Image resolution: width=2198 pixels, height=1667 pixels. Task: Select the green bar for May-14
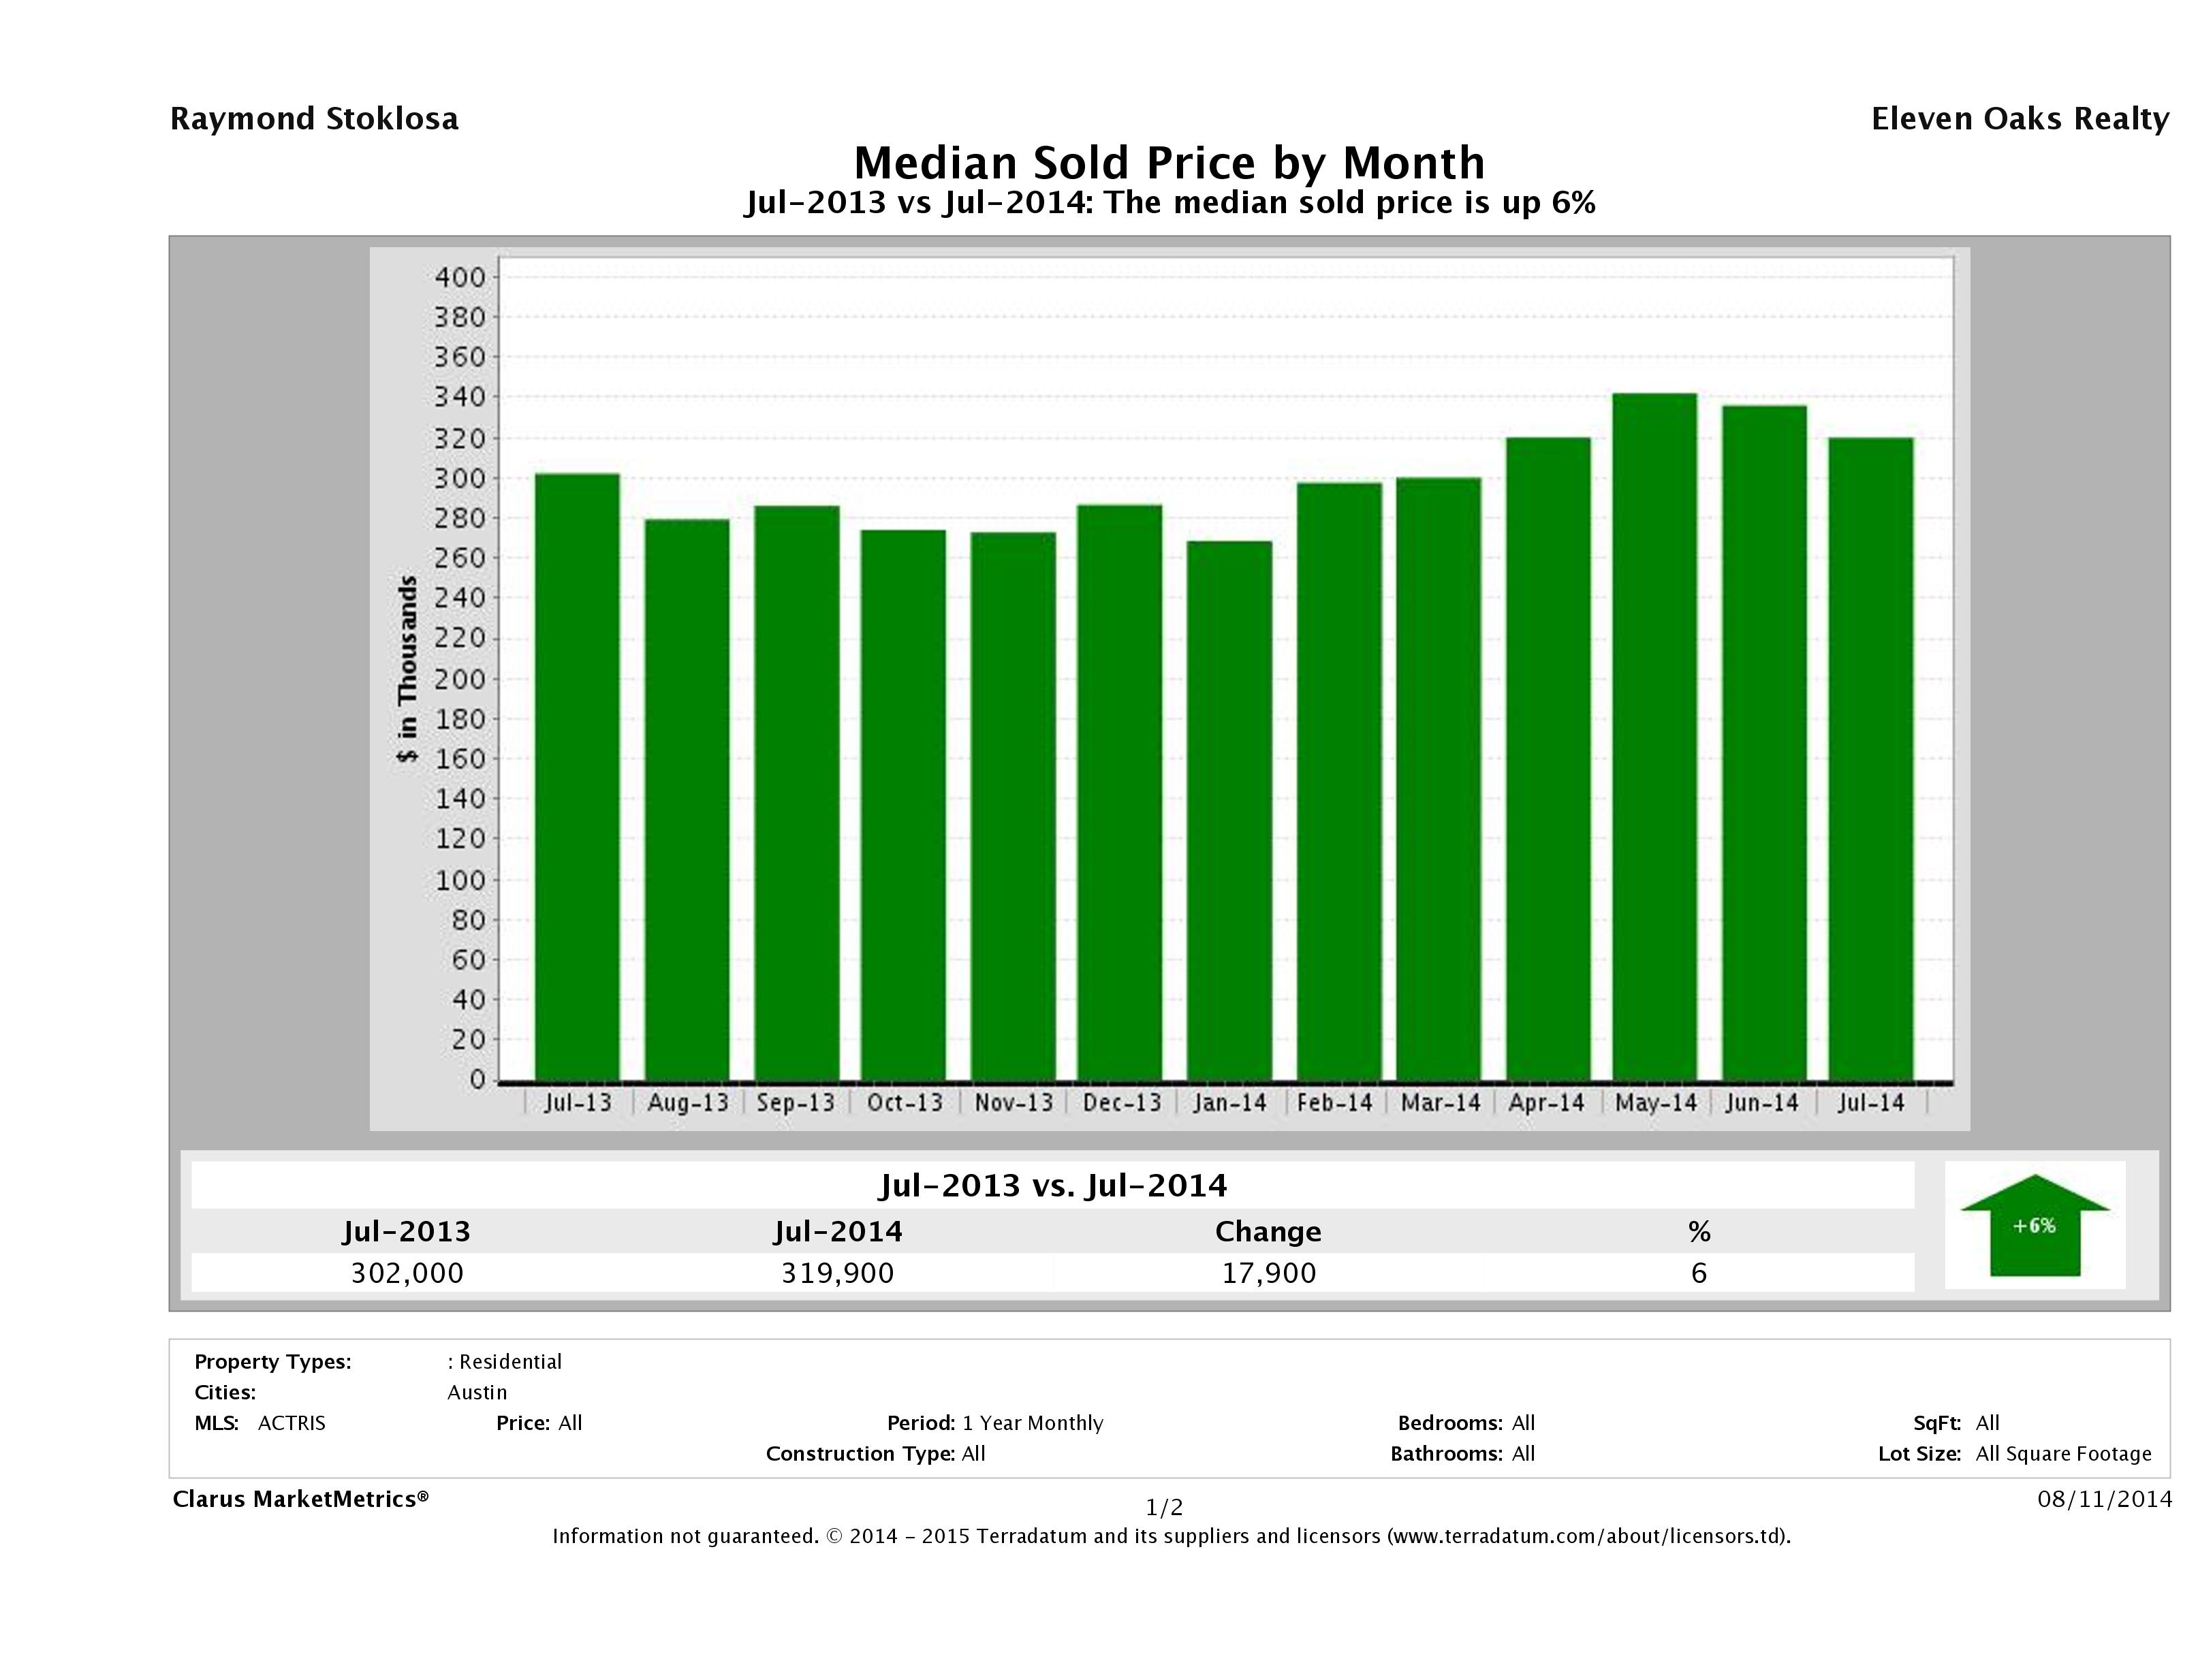(1654, 736)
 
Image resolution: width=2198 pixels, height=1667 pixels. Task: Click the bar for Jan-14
(1229, 810)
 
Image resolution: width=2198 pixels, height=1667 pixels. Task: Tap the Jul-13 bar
(578, 776)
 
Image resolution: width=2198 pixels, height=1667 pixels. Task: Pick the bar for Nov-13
(1014, 806)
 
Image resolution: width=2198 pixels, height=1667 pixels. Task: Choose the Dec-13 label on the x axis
(1122, 1102)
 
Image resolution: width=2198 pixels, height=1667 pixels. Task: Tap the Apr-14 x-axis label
(1546, 1102)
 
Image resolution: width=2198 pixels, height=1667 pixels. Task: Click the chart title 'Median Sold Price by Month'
(1169, 162)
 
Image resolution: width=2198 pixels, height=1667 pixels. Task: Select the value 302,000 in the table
(407, 1273)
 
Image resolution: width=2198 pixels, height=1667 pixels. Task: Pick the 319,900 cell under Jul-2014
(838, 1273)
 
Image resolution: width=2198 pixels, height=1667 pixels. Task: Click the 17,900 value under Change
(1269, 1273)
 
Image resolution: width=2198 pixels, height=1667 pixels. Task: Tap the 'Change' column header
(1268, 1232)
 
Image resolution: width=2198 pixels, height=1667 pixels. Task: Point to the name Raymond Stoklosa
(314, 119)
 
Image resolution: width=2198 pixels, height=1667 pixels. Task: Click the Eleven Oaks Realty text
(2019, 119)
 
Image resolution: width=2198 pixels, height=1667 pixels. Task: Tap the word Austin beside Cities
(477, 1393)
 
